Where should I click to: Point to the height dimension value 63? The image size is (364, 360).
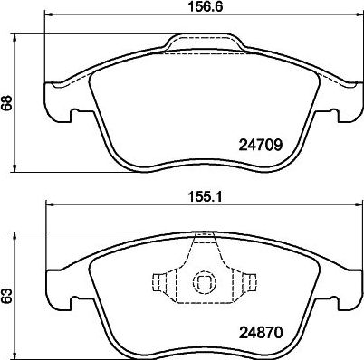click(x=8, y=294)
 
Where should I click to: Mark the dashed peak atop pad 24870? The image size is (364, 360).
click(x=206, y=238)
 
